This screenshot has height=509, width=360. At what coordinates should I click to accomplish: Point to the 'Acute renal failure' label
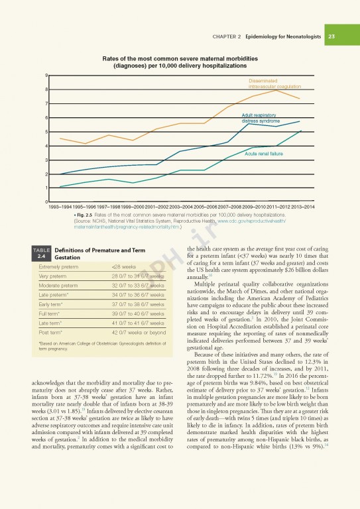pyautogui.click(x=264, y=154)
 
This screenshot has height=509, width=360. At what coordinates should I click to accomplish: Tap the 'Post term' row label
pyautogui.click(x=52, y=332)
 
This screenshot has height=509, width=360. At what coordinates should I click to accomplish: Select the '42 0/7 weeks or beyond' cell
pyautogui.click(x=139, y=332)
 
